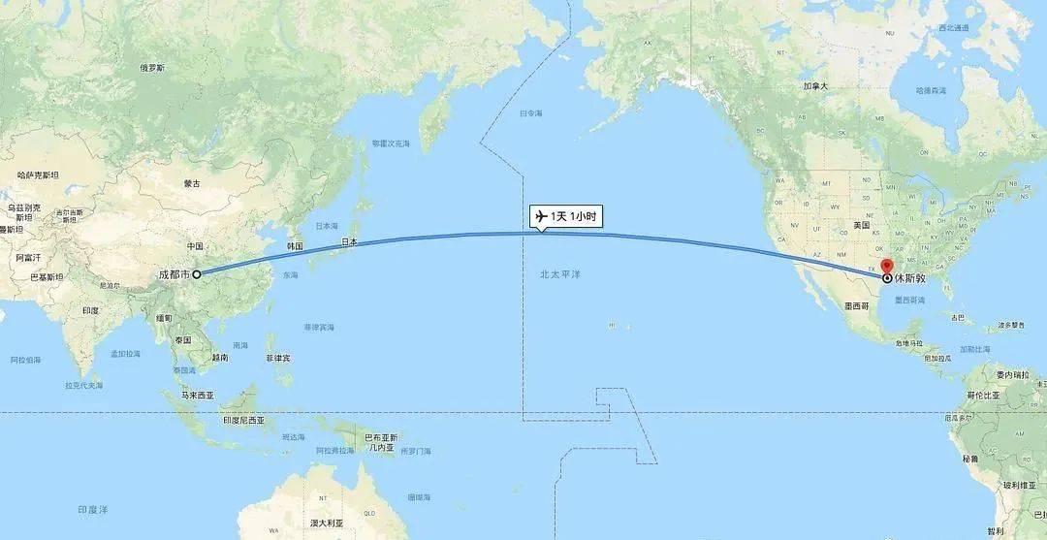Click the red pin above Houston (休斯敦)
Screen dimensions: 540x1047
(886, 267)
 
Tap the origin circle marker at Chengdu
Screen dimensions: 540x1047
(197, 274)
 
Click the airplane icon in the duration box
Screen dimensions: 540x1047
(541, 215)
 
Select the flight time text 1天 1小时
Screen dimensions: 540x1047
(573, 216)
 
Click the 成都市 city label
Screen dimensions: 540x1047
(174, 274)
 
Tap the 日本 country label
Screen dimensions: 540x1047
(349, 241)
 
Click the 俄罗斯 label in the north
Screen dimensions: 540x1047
(153, 68)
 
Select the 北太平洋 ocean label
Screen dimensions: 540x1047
(559, 275)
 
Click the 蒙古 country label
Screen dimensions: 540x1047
(192, 183)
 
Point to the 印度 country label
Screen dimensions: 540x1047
(90, 310)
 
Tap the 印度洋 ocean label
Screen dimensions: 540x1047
(93, 508)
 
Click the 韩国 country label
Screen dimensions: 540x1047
(296, 246)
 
